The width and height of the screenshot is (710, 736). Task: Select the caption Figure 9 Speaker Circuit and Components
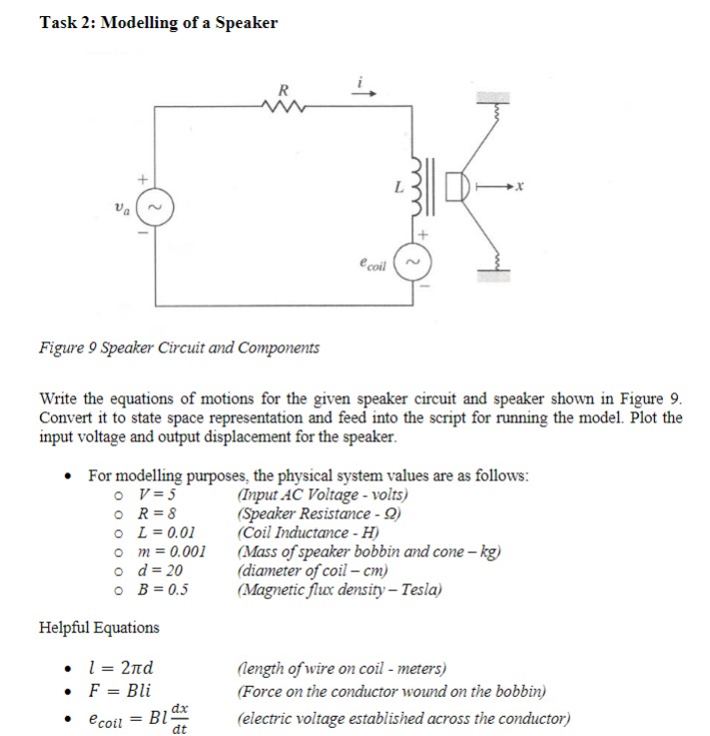coord(180,348)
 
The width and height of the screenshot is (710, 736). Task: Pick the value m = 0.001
coord(172,551)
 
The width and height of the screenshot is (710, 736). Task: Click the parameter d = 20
coord(162,570)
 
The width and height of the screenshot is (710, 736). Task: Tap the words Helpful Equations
coord(98,627)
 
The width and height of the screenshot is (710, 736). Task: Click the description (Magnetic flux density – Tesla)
coord(338,589)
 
